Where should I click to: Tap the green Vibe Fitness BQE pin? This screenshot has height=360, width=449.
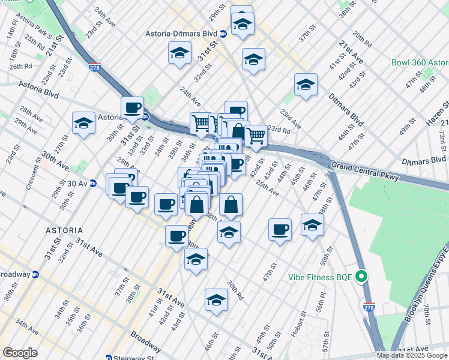(361, 277)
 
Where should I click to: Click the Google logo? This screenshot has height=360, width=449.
(20, 353)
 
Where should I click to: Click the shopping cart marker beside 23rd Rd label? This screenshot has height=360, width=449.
(256, 137)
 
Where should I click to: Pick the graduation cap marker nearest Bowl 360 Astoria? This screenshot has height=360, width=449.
(306, 86)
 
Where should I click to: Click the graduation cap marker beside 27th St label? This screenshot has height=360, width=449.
(83, 124)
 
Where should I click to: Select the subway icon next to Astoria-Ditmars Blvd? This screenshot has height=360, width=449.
(223, 34)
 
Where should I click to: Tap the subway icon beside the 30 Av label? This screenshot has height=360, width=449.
(93, 183)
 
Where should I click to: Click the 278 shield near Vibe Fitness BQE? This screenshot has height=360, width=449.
(369, 307)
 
